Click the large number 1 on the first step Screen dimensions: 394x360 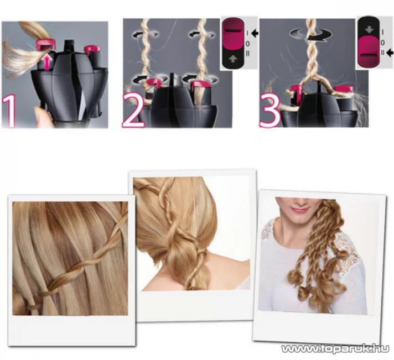(9, 111)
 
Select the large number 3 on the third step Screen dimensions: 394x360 (269, 112)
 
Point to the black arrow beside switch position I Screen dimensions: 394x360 (255, 33)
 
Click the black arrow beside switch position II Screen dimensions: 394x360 (390, 53)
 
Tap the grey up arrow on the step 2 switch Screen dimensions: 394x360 (233, 59)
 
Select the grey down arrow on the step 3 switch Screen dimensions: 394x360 (369, 30)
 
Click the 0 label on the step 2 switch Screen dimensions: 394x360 (247, 44)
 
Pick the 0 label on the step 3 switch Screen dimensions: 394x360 (382, 43)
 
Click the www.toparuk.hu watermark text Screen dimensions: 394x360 (335, 349)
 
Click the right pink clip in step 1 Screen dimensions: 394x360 (92, 50)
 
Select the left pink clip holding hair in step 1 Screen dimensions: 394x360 (46, 45)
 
